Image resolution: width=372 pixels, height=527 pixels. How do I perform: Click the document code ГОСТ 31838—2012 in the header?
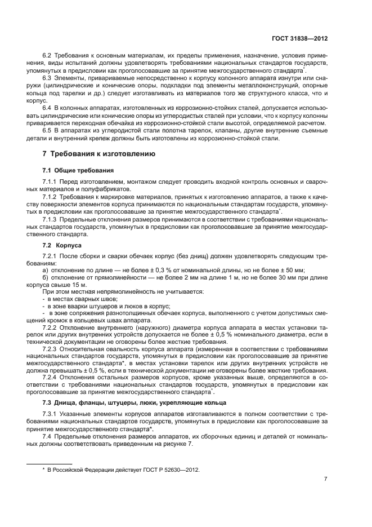301,39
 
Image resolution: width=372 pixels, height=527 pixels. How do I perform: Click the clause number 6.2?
47,56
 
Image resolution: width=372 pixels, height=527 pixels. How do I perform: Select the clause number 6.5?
47,131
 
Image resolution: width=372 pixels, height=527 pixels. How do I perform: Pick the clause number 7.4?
47,437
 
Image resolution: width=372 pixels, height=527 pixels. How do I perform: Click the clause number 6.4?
47,108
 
